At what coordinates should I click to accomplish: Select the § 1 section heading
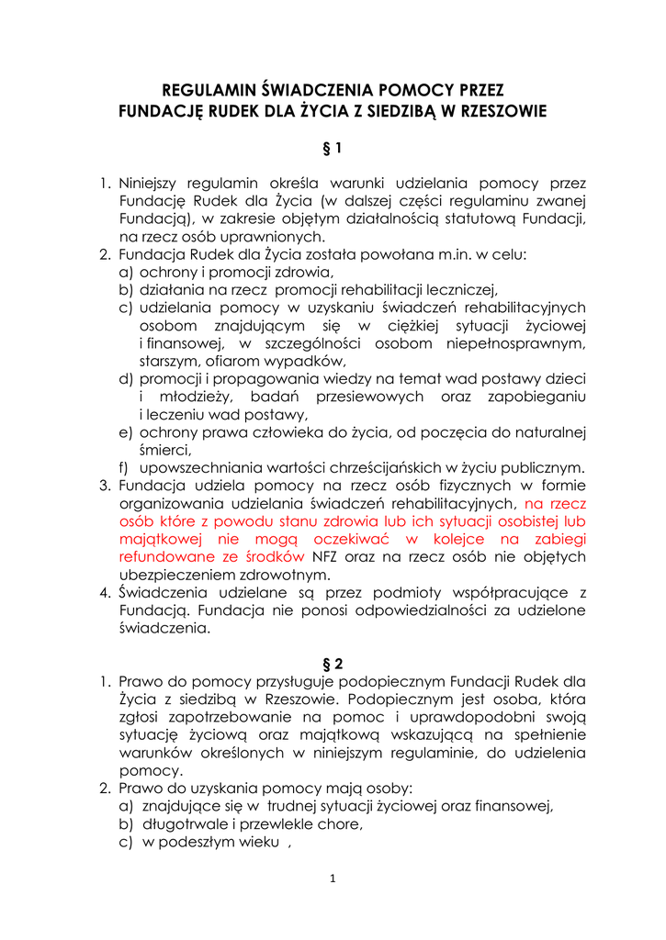(333, 147)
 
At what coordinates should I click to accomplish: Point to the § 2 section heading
(333, 663)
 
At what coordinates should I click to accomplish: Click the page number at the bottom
(333, 878)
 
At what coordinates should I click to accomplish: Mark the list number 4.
(106, 592)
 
